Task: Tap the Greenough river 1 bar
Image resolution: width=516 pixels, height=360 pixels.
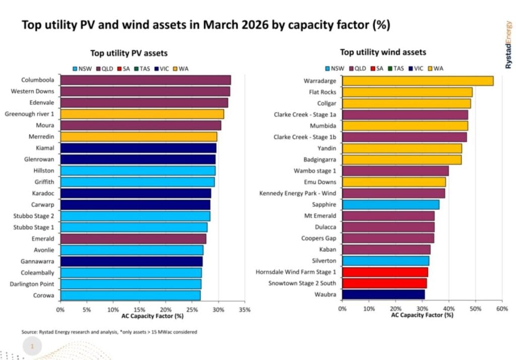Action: coord(142,114)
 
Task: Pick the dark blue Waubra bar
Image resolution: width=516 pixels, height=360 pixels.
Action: coord(383,294)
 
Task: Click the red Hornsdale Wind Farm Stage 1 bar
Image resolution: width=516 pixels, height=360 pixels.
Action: coord(385,272)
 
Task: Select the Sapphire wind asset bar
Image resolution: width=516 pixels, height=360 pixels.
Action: coord(391,205)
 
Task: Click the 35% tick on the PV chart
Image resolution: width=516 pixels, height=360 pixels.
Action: coord(244,309)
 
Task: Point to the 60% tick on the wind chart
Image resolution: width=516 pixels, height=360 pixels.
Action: coord(502,308)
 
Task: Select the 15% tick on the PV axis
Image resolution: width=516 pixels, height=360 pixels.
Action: coord(139,309)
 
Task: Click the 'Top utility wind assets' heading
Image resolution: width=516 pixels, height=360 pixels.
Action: coord(382,52)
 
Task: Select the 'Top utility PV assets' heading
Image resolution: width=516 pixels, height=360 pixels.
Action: coord(128,53)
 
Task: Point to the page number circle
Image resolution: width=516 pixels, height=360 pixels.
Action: coord(32,346)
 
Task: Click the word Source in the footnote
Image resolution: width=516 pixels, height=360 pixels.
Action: coord(30,332)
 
